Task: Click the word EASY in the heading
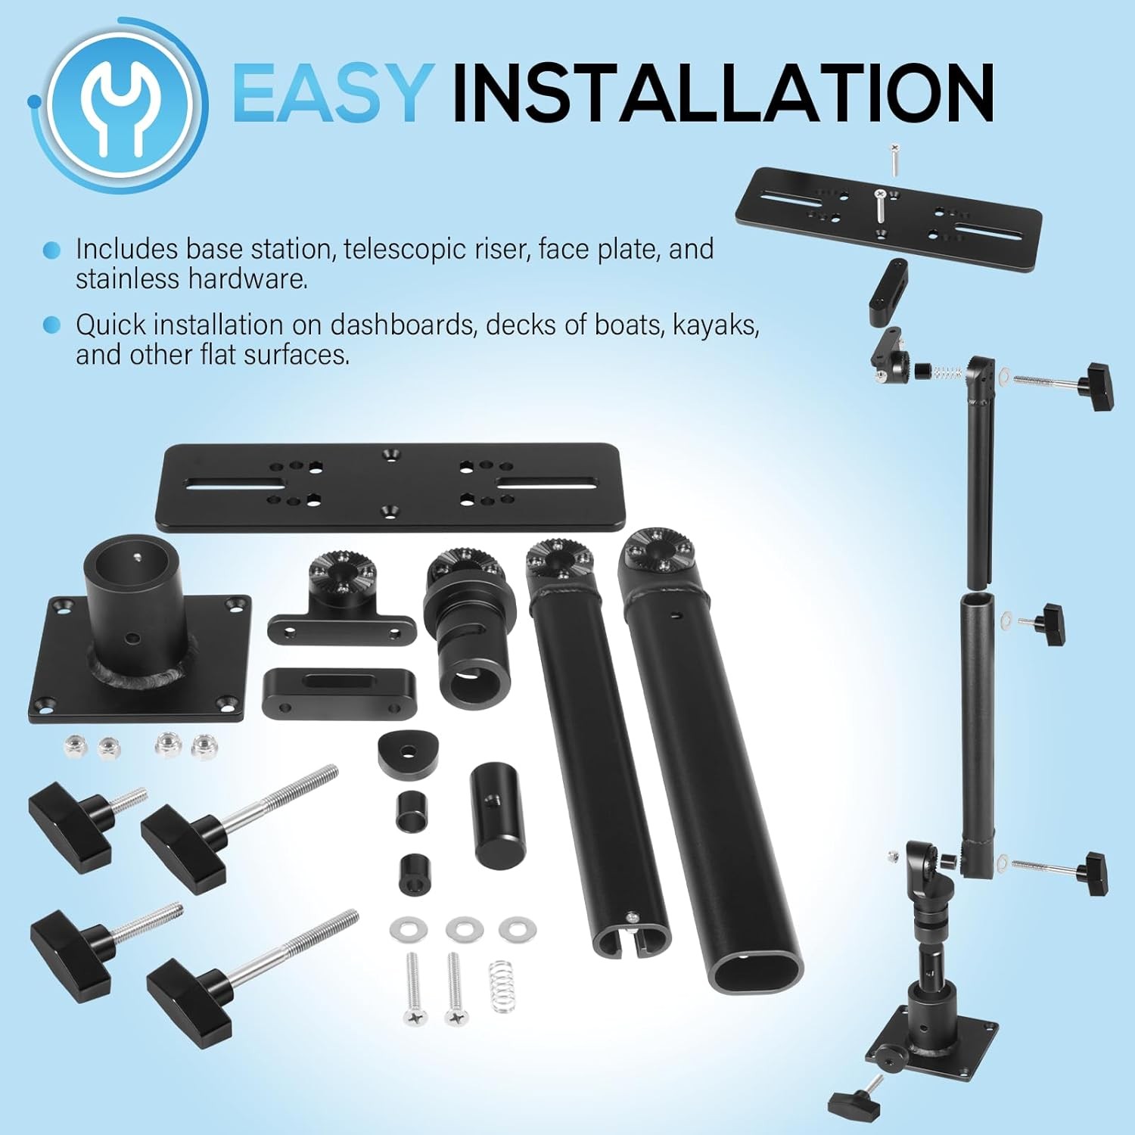click(333, 92)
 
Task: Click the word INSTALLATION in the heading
click(723, 92)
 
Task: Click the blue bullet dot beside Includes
click(51, 250)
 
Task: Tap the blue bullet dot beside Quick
click(51, 325)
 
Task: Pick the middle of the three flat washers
click(462, 928)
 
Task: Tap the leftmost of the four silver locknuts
click(76, 745)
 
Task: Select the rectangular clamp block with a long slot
click(339, 692)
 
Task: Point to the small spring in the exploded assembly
click(947, 372)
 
